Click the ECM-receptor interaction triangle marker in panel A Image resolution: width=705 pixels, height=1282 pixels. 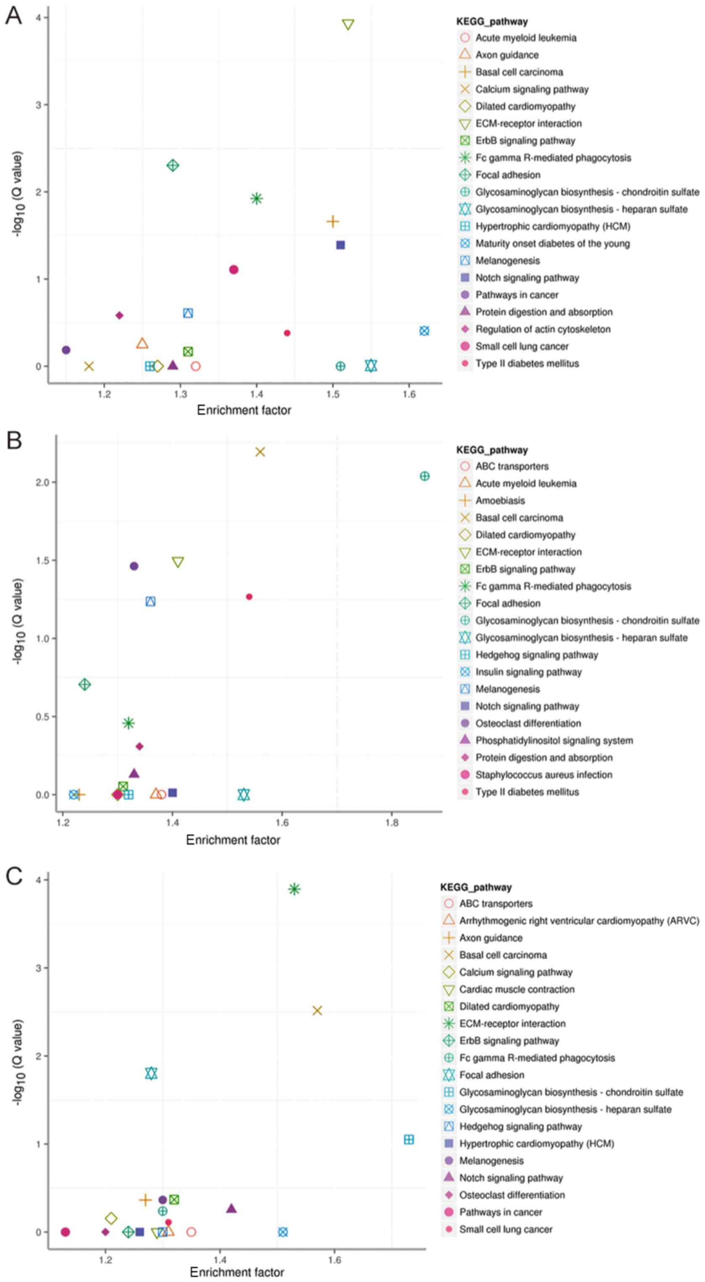[348, 24]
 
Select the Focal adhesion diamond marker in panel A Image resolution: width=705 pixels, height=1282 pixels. [173, 165]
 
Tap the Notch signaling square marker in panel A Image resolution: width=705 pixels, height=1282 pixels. [341, 245]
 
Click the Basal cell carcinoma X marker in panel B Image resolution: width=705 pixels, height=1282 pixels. [260, 452]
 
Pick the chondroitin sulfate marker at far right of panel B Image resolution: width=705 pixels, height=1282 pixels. [424, 476]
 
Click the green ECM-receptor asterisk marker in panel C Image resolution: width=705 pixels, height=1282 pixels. [294, 889]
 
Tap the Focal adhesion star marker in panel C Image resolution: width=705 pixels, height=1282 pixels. [151, 1073]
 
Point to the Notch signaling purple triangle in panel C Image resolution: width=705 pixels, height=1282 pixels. [232, 1208]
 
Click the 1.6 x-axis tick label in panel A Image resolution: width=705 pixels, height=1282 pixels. [409, 395]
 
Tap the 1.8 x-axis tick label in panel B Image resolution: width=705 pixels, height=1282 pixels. [391, 822]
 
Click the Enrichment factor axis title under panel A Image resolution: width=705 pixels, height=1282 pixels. [244, 410]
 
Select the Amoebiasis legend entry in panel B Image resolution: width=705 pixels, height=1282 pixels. [500, 501]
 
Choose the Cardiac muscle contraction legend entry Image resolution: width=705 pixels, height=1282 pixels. [517, 990]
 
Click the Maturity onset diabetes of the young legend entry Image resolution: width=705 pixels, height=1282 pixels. [552, 243]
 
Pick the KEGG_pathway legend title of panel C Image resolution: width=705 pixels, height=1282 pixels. [475, 887]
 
